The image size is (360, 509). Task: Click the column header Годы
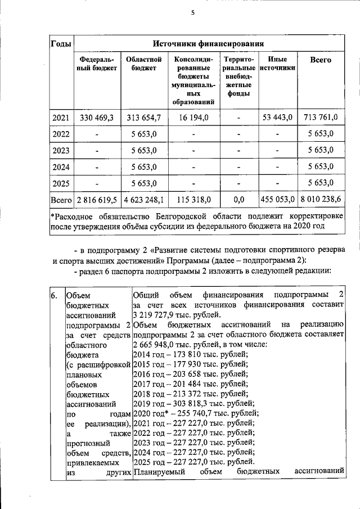[61, 43]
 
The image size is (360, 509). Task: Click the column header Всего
[321, 60]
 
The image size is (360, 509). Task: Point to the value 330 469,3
[97, 118]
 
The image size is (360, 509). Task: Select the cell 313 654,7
[144, 118]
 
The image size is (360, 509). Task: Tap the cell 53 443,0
[277, 118]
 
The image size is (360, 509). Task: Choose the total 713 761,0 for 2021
[321, 118]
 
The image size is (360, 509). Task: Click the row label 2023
[61, 150]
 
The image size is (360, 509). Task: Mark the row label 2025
[61, 183]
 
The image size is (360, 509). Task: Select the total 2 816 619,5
[97, 200]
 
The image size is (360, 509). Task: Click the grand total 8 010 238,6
[321, 200]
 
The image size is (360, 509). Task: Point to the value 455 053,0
[277, 200]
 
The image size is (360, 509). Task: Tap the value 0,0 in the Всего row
[238, 200]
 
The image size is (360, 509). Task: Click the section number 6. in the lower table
[55, 295]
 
